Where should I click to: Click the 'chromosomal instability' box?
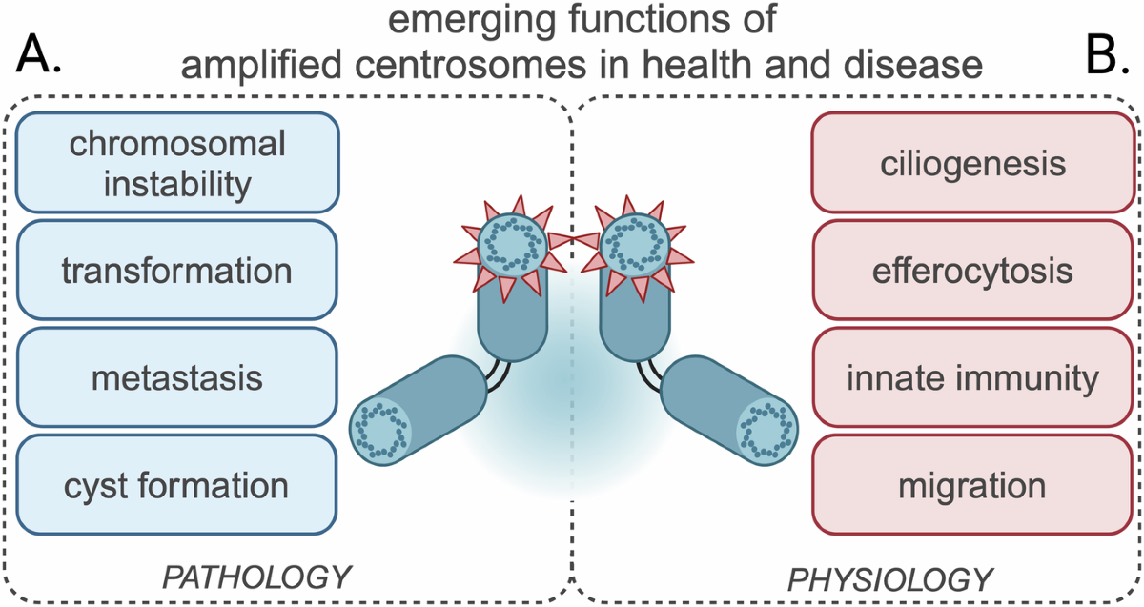[x=178, y=163]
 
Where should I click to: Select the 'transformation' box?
[x=178, y=271]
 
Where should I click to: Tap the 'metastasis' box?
[x=178, y=378]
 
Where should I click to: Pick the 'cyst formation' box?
[x=178, y=485]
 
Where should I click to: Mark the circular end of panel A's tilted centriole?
[x=380, y=427]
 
